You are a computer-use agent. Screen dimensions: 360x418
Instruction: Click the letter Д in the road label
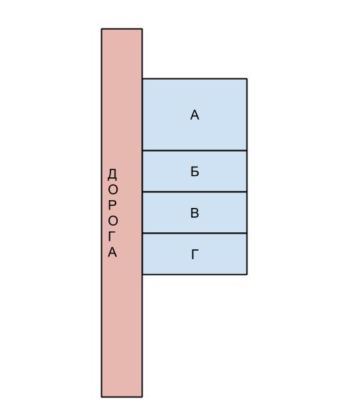113,174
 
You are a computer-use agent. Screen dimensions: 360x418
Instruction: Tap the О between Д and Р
113,190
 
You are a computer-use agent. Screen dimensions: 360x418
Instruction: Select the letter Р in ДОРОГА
113,205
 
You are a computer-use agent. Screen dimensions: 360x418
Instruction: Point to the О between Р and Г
113,221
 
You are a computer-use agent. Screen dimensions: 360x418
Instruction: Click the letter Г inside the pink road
112,236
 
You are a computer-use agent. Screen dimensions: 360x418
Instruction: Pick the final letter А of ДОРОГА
113,252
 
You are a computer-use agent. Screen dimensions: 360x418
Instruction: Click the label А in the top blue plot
195,115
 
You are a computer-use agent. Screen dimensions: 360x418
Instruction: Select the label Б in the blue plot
195,172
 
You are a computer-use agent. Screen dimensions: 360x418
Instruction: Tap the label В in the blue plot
195,213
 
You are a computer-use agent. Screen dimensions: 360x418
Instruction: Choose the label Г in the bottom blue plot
195,254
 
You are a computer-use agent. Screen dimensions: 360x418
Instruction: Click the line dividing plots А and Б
195,151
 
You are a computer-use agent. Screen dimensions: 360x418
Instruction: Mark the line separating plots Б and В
195,192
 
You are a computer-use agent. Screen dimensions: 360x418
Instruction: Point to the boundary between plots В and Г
195,234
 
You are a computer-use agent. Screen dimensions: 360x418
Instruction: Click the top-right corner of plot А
247,78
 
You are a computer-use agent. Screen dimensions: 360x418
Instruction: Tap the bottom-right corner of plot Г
247,274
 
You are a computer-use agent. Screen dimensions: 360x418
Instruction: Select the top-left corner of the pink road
102,28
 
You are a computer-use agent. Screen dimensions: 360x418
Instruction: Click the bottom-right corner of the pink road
143,397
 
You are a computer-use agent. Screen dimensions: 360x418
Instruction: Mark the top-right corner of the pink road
143,28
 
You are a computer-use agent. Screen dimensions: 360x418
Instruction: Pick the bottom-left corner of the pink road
102,397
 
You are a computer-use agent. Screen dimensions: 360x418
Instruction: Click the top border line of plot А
195,78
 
